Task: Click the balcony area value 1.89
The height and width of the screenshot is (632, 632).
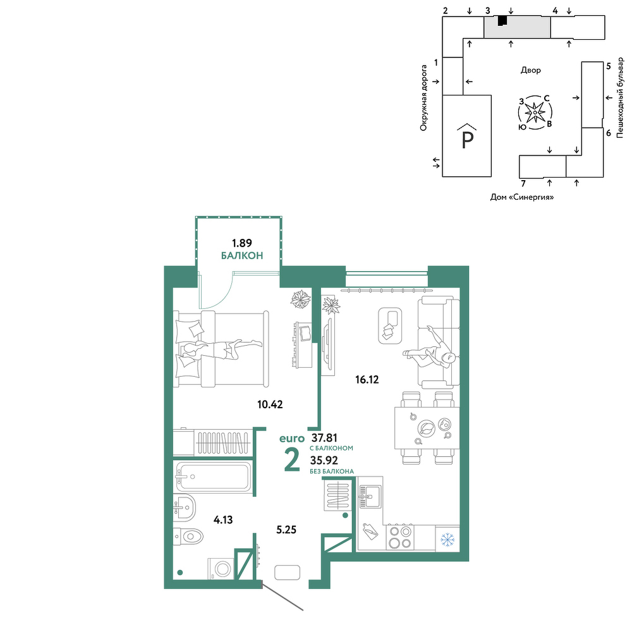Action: pos(242,243)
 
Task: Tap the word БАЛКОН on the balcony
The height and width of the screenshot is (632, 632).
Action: pos(242,255)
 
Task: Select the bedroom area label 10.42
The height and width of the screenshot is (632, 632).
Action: pos(270,404)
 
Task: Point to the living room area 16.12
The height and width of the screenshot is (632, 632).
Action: pos(367,380)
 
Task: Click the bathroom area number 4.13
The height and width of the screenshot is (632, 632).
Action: pos(223,520)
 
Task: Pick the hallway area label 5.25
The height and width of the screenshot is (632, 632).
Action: pos(286,530)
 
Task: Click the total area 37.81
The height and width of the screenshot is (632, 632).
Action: pos(324,438)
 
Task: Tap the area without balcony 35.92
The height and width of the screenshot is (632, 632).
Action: pos(324,460)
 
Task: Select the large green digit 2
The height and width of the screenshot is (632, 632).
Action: pos(292,459)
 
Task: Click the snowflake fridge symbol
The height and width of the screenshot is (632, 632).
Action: pos(447,539)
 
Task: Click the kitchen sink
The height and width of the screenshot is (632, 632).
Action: pos(370,497)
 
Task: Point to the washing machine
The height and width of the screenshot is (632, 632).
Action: pos(221,569)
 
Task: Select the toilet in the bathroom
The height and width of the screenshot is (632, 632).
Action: pos(188,537)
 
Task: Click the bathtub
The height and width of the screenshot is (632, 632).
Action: pos(214,477)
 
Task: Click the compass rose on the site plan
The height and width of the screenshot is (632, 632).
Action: pos(535,113)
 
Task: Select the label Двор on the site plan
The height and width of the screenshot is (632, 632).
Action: pos(531,70)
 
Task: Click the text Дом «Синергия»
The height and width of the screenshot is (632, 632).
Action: pos(522,197)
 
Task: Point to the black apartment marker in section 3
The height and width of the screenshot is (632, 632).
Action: pos(502,20)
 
